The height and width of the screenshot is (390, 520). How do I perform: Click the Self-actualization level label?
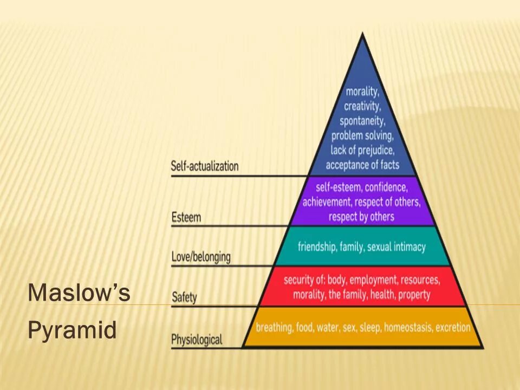[x=205, y=166]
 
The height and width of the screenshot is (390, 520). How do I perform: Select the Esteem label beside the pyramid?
[x=186, y=218]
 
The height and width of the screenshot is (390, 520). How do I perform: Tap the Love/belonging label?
[x=200, y=257]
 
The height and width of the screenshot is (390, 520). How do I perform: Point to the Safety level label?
[x=184, y=297]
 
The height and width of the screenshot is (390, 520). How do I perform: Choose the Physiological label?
[x=197, y=340]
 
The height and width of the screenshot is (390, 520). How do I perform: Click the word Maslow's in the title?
[x=79, y=293]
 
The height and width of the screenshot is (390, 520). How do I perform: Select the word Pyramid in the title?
[x=72, y=330]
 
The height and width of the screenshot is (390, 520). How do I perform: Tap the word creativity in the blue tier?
[x=362, y=106]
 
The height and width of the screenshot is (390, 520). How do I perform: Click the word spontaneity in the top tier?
[x=362, y=120]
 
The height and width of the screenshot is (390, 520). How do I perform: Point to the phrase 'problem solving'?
[x=362, y=135]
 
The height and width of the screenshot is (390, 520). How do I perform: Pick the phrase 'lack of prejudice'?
[x=362, y=149]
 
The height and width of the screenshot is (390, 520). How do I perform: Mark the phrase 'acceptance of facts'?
[x=362, y=164]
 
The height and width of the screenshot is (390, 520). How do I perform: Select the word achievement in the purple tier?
[x=327, y=203]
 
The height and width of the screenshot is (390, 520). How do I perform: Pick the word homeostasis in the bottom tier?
[x=407, y=328]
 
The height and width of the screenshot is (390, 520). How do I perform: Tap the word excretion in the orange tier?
[x=453, y=328]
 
